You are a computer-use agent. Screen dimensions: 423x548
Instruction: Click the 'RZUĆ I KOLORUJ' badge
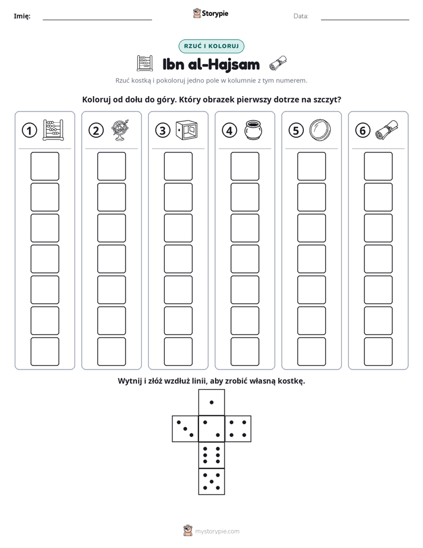tap(211, 46)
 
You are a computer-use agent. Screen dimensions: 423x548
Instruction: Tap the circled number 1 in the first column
tap(29, 130)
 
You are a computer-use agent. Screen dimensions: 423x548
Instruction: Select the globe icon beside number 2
tap(120, 130)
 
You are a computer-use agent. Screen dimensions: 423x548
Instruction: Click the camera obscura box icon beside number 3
tap(187, 130)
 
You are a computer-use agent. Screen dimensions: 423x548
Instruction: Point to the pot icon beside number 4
tap(253, 130)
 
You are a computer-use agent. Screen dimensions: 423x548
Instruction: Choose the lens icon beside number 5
tap(320, 130)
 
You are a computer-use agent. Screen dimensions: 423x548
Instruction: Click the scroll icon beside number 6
tap(387, 130)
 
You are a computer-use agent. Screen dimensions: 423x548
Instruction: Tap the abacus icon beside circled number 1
tap(53, 130)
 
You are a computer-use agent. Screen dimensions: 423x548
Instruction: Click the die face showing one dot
tap(211, 402)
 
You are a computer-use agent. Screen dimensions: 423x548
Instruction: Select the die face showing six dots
tap(211, 455)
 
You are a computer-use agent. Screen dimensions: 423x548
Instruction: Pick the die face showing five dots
tap(211, 482)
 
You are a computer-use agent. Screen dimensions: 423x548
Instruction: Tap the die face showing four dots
tap(238, 429)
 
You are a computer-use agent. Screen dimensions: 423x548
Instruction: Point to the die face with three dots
tap(185, 429)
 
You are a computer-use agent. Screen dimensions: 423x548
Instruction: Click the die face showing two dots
tap(211, 429)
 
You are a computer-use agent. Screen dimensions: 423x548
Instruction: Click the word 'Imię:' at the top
tap(22, 16)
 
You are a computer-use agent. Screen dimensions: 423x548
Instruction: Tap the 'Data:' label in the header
tap(301, 16)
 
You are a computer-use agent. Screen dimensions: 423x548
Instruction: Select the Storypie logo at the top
tap(210, 13)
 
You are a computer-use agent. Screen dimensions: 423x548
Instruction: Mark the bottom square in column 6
tap(379, 352)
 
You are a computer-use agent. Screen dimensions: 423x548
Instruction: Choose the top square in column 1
tap(44, 166)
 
